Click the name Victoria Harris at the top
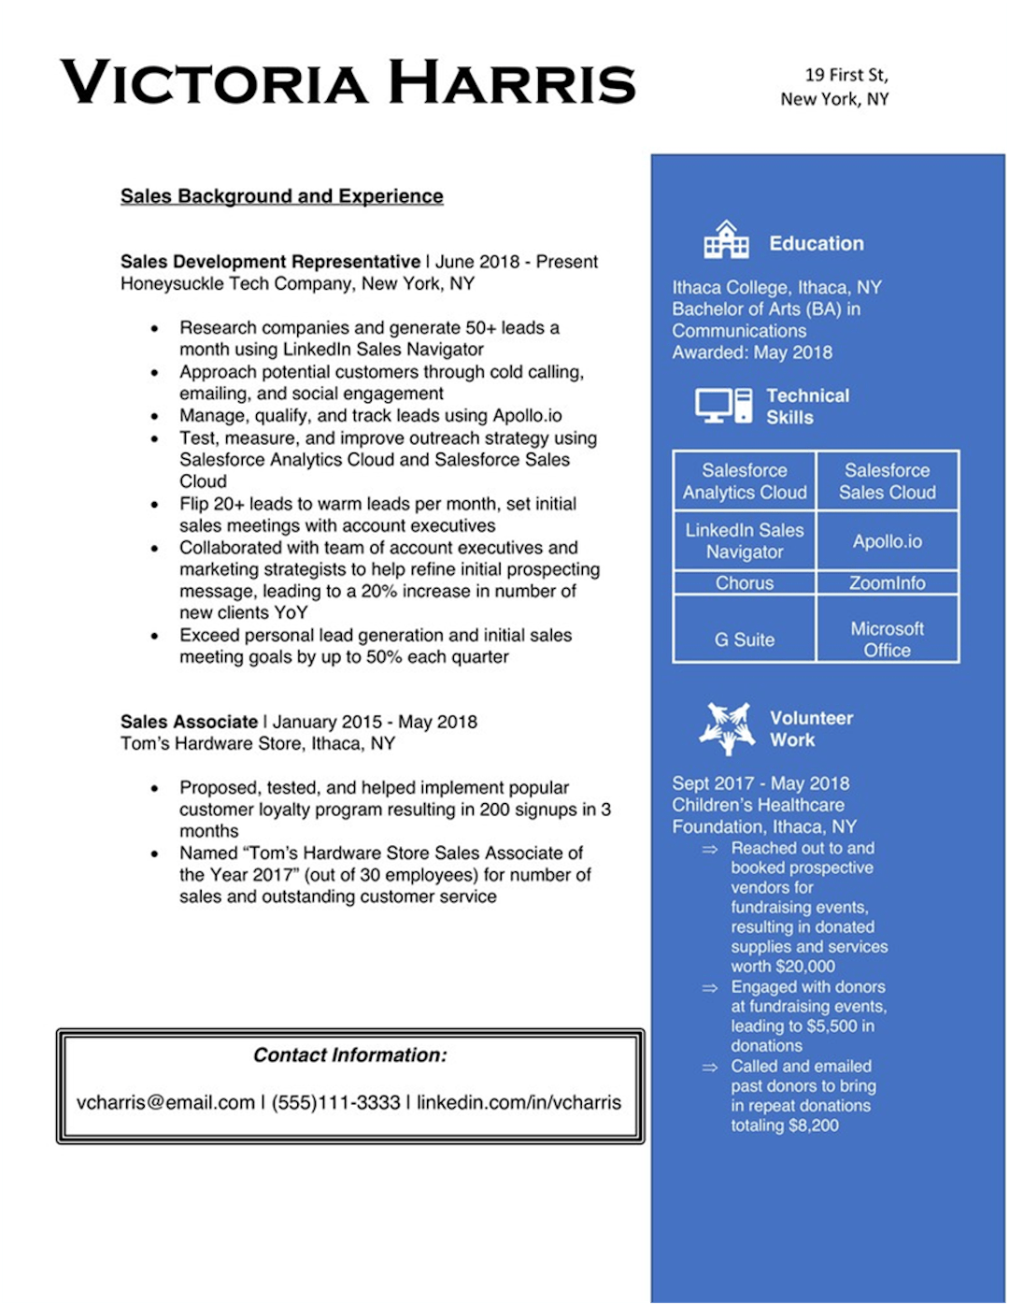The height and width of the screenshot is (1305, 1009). coord(348,82)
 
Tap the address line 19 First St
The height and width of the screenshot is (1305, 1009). coord(846,75)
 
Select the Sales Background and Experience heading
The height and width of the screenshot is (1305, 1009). coord(281,196)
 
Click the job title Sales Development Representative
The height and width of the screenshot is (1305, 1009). coord(270,262)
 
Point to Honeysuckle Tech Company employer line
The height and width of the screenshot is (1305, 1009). coord(297,284)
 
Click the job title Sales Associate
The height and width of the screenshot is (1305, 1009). coord(189,722)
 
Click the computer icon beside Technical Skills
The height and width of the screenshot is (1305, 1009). coord(723,407)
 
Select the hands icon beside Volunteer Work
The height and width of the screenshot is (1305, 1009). coord(727,728)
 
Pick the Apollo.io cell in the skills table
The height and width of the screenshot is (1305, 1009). coord(887,541)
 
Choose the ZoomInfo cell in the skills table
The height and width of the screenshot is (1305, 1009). coord(887,583)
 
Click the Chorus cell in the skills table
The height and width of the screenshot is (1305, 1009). coord(745,583)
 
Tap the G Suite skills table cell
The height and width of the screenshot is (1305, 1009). coord(745,639)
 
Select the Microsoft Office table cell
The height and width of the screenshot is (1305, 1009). coord(887,639)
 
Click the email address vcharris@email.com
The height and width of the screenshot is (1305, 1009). coord(165,1103)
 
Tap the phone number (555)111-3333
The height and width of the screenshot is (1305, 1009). coord(335,1103)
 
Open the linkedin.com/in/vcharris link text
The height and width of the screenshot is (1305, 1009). coord(519,1103)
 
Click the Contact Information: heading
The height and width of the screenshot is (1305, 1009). coord(350,1055)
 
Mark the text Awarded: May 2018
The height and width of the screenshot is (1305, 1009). coord(752,352)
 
